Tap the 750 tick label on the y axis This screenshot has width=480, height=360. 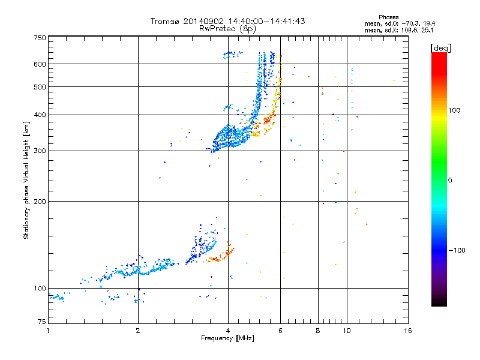[40, 38]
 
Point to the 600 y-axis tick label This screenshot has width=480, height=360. [40, 64]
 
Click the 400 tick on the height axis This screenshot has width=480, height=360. [40, 115]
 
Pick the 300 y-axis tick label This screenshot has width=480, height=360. [40, 151]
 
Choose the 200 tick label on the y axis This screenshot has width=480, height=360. [40, 201]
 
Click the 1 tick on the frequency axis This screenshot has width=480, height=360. [48, 331]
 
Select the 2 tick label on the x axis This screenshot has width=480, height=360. [138, 331]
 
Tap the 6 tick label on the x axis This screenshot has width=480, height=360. [281, 331]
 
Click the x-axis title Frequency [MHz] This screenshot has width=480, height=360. [228, 338]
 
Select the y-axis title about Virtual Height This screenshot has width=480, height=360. [27, 181]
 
